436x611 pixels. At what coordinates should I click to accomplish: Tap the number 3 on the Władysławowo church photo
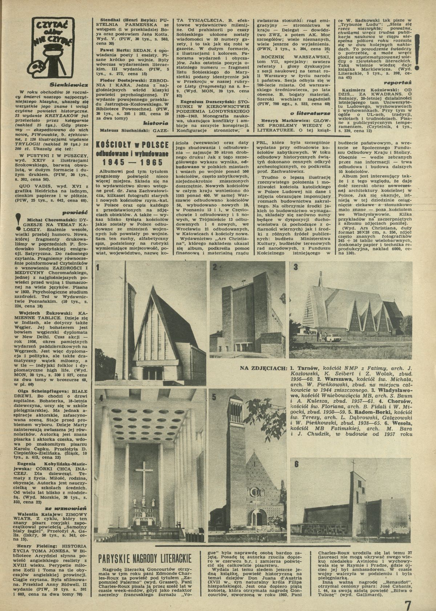(296, 267)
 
